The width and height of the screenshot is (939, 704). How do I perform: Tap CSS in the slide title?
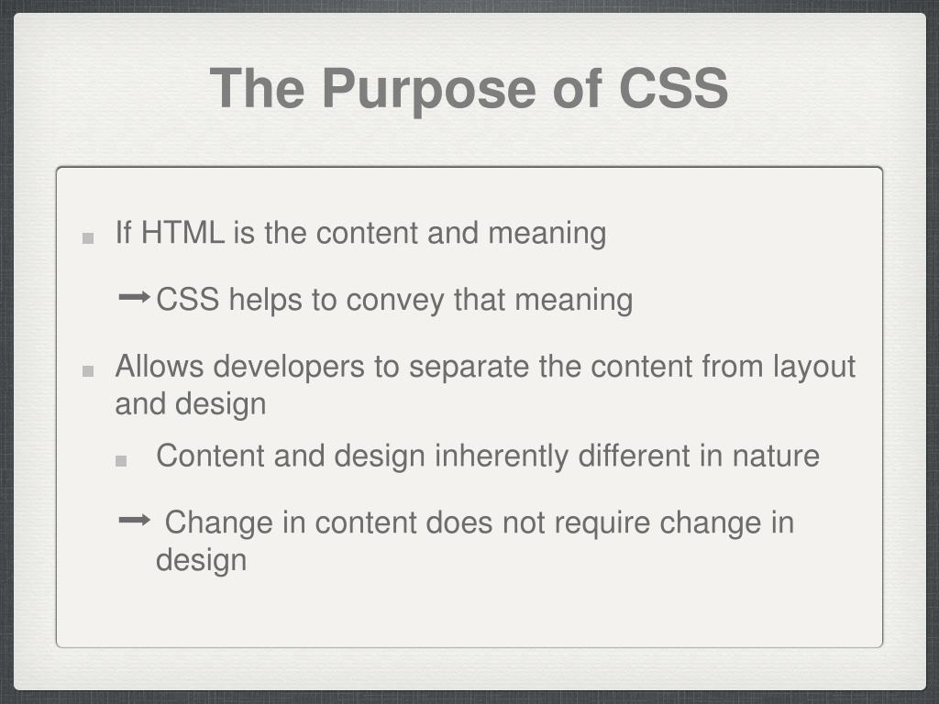click(673, 88)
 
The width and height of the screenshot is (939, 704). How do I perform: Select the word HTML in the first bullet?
click(182, 233)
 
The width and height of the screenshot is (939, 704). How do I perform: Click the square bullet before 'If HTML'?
click(88, 237)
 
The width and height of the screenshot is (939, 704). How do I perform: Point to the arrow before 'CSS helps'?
click(135, 297)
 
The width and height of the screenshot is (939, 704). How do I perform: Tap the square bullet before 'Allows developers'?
click(88, 371)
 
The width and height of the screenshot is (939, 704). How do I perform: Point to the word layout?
click(812, 368)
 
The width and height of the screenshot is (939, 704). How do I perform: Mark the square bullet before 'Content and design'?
click(121, 461)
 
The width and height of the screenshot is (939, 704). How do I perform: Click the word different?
click(635, 456)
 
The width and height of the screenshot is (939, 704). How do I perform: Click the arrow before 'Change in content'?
click(135, 521)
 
